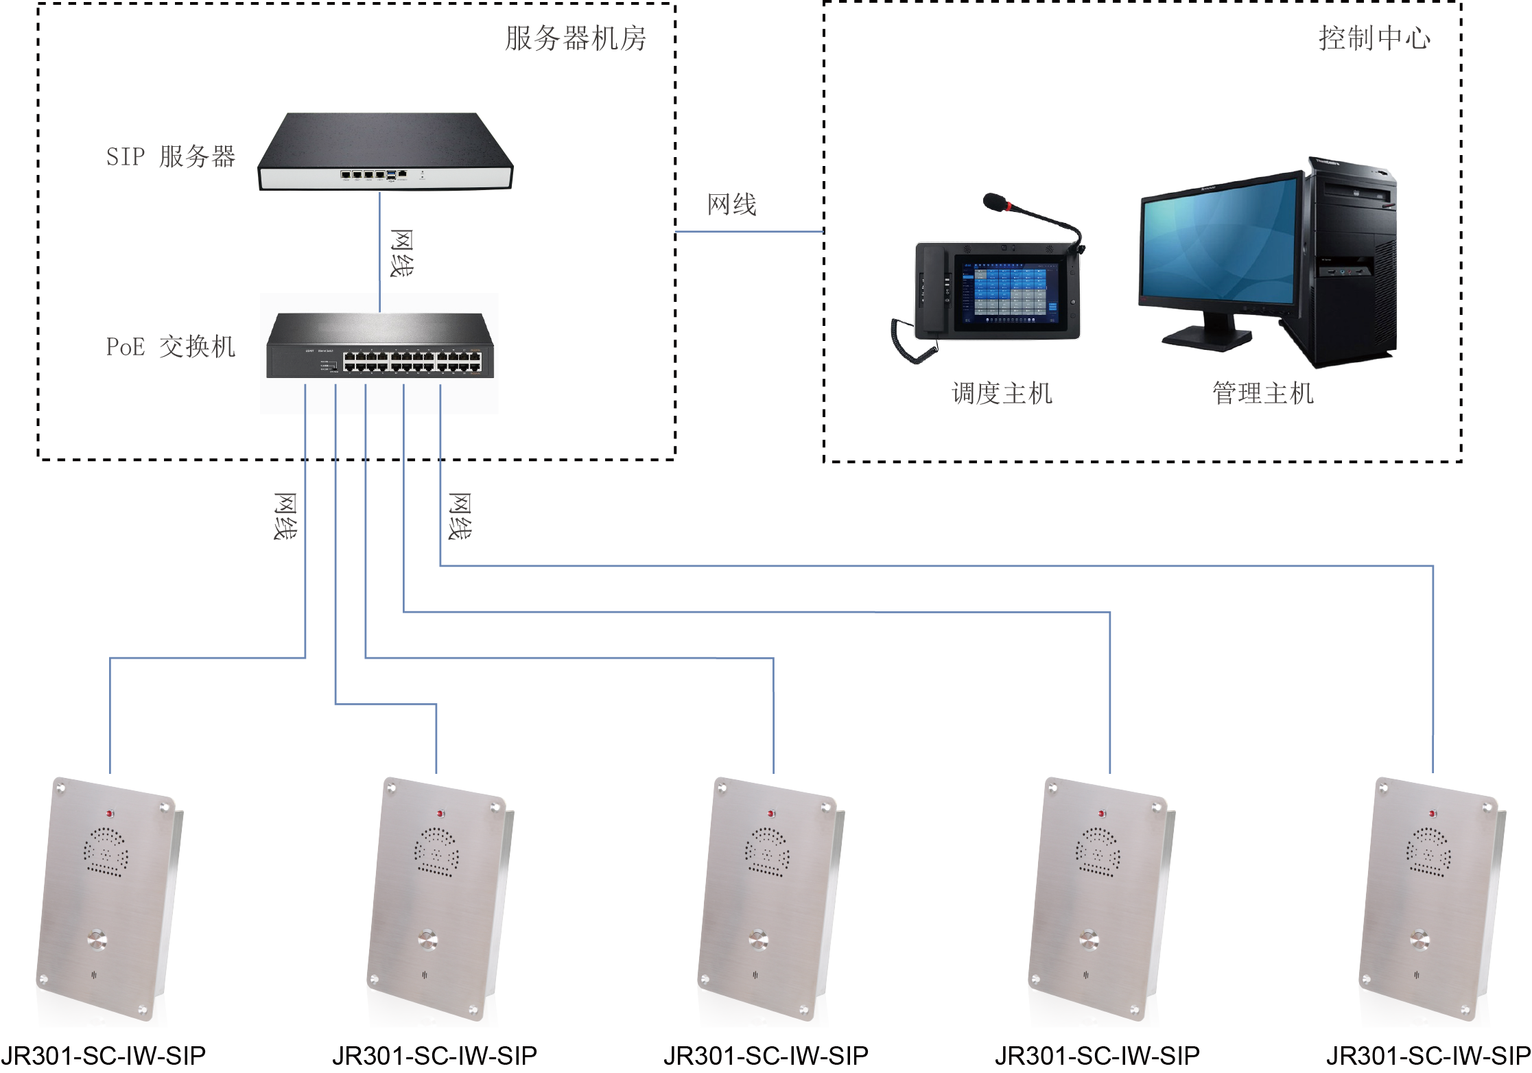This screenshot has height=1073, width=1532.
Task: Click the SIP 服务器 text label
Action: (x=170, y=156)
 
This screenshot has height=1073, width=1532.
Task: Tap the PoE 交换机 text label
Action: (x=170, y=346)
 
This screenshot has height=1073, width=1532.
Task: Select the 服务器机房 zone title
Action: (x=576, y=38)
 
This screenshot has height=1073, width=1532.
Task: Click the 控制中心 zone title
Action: (x=1374, y=38)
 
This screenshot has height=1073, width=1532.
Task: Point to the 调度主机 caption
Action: (x=1002, y=393)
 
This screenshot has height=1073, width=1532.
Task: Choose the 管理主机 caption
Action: (x=1262, y=393)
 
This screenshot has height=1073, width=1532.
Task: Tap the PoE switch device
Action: (x=380, y=346)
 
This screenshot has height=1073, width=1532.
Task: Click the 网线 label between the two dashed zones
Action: (x=731, y=204)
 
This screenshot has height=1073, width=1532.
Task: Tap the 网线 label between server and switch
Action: (x=401, y=253)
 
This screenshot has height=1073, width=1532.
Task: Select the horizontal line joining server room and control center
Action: (x=749, y=232)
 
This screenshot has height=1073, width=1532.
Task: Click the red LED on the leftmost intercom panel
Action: (x=110, y=814)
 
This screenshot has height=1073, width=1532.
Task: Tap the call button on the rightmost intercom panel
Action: (x=1419, y=939)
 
